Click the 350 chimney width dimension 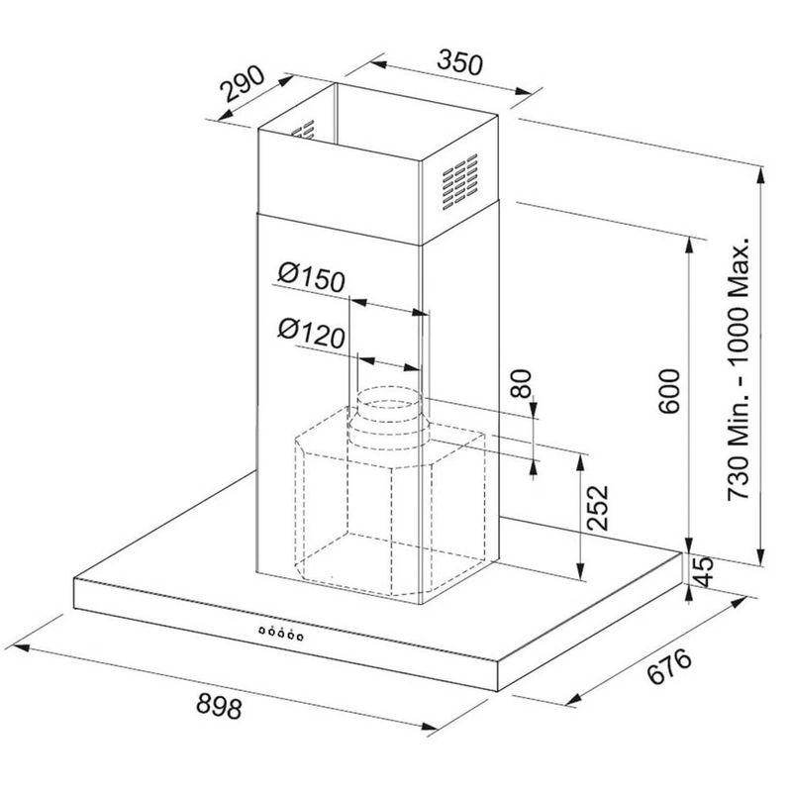[x=459, y=62]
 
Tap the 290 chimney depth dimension [x=243, y=84]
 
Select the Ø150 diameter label [x=312, y=277]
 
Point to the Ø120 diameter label [x=312, y=334]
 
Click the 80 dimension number [x=522, y=383]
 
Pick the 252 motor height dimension [x=598, y=508]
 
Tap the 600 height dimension [x=670, y=391]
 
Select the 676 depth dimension [x=669, y=666]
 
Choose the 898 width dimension [x=219, y=705]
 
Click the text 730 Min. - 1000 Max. [x=738, y=368]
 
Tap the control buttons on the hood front [x=280, y=633]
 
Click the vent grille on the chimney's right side [x=459, y=182]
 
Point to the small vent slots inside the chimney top [x=304, y=130]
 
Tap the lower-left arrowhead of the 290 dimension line [x=226, y=116]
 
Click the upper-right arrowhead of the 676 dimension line [x=739, y=602]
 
